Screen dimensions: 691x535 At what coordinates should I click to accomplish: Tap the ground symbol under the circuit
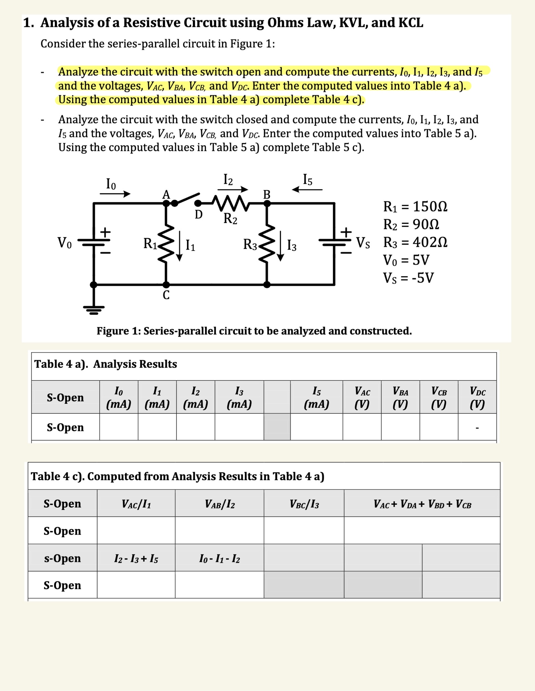(94, 310)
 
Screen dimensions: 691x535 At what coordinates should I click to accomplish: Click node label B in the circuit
(267, 194)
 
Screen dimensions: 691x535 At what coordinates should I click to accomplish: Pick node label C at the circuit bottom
(166, 295)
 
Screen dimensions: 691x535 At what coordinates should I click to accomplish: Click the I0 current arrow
(115, 193)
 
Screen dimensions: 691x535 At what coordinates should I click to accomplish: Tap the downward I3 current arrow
(281, 246)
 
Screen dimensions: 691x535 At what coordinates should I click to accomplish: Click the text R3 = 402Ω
(415, 242)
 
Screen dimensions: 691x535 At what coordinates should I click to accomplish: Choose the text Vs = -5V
(408, 278)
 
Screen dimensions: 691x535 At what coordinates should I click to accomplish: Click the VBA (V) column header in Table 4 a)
(400, 397)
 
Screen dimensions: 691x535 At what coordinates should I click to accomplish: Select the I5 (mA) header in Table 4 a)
(316, 397)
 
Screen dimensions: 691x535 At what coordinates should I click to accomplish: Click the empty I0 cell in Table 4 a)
(119, 427)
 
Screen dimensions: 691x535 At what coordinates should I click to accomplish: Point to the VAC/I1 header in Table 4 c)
(136, 504)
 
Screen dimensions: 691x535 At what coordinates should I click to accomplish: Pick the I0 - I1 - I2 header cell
(219, 559)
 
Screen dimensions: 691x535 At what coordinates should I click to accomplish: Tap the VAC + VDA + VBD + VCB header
(422, 504)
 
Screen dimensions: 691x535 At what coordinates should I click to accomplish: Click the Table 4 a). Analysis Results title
(106, 364)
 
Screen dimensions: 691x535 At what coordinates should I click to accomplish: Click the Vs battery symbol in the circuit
(335, 242)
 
